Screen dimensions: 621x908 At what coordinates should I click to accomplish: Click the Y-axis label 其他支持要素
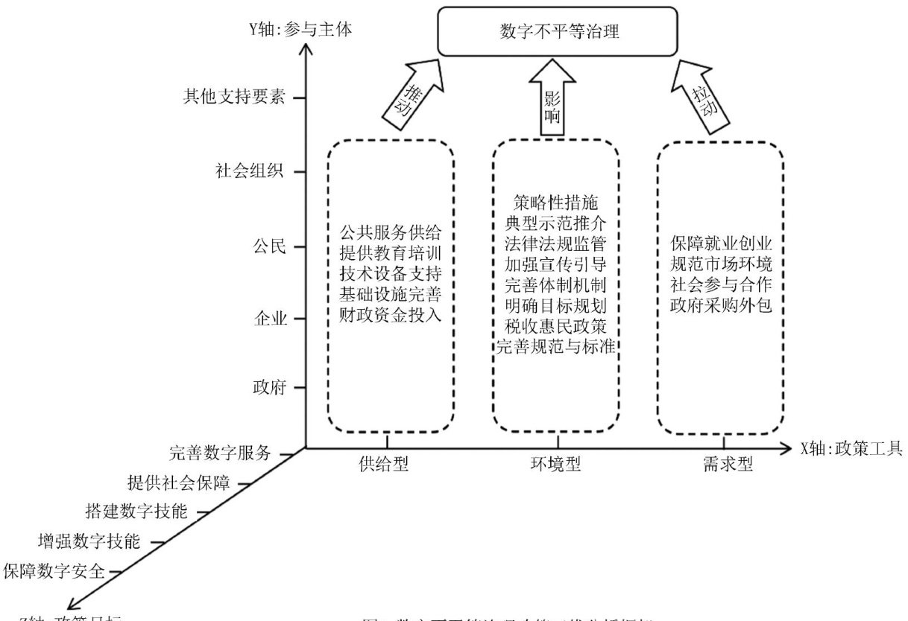(x=235, y=97)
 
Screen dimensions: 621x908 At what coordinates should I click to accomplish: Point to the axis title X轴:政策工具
(x=851, y=448)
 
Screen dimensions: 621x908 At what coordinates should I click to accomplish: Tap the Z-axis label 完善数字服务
(x=218, y=453)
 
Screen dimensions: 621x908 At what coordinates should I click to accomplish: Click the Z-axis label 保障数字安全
(x=53, y=571)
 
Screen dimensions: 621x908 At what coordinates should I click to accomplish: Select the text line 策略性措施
(x=552, y=202)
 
